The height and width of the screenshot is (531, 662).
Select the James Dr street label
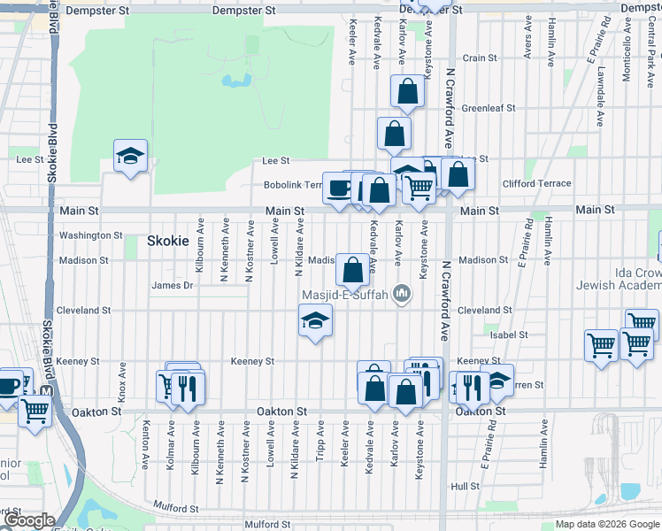click(x=172, y=285)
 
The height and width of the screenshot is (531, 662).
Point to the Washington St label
click(x=90, y=235)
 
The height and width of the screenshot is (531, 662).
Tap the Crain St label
click(x=480, y=58)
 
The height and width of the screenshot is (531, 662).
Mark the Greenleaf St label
click(x=489, y=108)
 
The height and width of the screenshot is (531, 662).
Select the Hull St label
click(x=464, y=486)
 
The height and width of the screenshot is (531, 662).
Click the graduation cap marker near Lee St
click(x=130, y=157)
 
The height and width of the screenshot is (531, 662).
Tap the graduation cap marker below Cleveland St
click(x=315, y=321)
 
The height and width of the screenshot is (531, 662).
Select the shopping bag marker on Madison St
click(x=352, y=270)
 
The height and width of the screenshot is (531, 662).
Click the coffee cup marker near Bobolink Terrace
click(x=339, y=189)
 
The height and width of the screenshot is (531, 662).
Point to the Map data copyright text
click(x=607, y=525)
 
